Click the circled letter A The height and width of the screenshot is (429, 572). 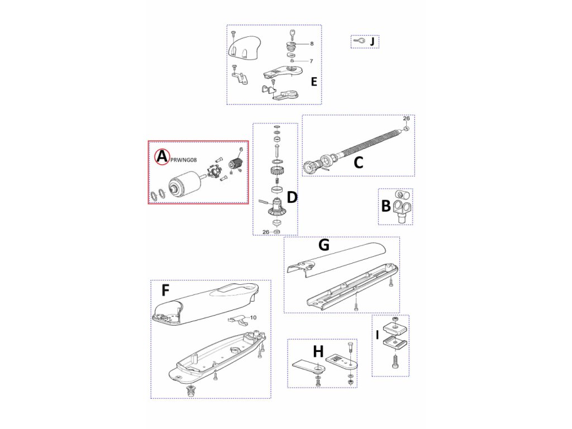[161, 157]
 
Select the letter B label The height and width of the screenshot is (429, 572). [385, 206]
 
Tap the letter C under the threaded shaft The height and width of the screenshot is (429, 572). [359, 163]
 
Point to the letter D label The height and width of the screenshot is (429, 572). [292, 197]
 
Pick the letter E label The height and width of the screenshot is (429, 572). [314, 82]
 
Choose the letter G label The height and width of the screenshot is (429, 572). [323, 245]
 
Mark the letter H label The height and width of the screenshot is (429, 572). [318, 351]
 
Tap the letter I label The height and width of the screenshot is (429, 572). [378, 336]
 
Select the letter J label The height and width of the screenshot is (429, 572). [373, 41]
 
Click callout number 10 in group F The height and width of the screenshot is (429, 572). [252, 317]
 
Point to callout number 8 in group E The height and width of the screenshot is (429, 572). [311, 43]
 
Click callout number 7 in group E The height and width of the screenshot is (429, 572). [311, 61]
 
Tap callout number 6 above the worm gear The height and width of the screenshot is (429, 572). [241, 149]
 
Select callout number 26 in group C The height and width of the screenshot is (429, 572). [406, 118]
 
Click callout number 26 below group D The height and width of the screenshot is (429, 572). [266, 232]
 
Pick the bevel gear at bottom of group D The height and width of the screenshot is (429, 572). [275, 211]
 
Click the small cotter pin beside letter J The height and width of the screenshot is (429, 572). [359, 41]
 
